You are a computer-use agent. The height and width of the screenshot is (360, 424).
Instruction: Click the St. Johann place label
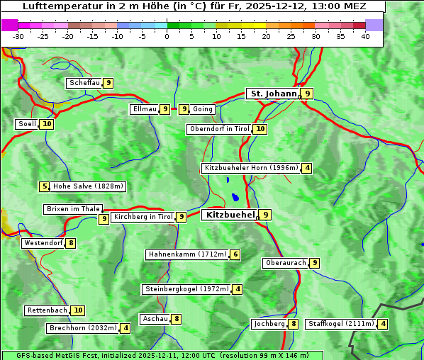click(x=273, y=94)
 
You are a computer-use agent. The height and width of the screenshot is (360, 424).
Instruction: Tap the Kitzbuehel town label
click(x=230, y=215)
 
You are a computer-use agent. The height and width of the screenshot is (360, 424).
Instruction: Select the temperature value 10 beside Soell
click(x=47, y=124)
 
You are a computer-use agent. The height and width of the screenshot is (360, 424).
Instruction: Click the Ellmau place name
click(x=145, y=109)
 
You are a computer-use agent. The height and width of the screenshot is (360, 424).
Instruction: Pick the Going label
click(x=203, y=109)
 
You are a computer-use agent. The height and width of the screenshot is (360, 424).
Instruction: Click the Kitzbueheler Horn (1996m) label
click(x=251, y=168)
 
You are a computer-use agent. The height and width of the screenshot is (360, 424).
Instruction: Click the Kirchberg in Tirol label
click(x=143, y=217)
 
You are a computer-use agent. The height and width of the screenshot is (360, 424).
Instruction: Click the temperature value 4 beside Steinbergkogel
click(x=238, y=289)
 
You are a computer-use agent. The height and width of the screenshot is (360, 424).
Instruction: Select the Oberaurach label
click(x=286, y=263)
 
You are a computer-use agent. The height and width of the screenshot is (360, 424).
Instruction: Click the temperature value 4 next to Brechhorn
click(x=125, y=328)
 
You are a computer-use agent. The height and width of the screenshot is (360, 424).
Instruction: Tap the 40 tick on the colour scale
click(x=365, y=36)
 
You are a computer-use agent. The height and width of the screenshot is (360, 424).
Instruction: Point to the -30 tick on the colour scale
click(x=18, y=36)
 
